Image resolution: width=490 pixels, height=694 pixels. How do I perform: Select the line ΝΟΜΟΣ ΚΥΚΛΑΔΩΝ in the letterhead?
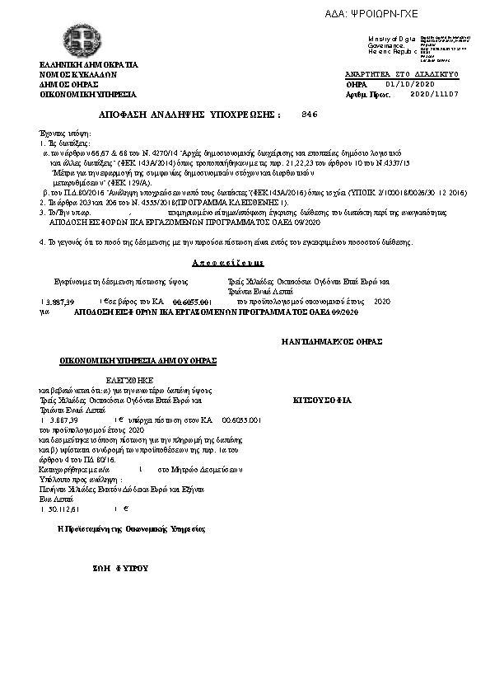(79, 74)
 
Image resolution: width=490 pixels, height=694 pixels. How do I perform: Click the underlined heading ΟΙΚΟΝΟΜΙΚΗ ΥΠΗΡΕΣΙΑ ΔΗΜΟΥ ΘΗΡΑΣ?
(137, 360)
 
